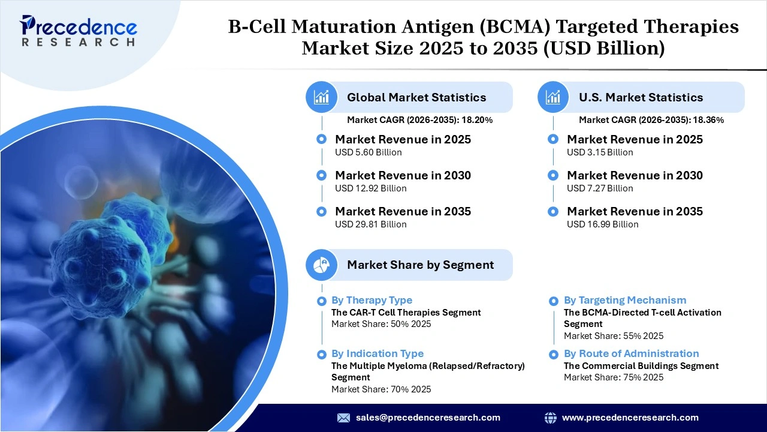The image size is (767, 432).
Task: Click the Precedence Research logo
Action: click(78, 31)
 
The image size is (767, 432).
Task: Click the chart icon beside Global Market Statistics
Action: click(322, 97)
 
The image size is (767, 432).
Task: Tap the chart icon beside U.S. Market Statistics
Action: click(554, 97)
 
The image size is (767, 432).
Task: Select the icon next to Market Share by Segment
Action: click(322, 265)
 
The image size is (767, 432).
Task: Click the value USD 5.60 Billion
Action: click(368, 152)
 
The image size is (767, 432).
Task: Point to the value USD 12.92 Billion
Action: click(370, 188)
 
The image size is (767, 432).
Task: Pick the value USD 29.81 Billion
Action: click(370, 224)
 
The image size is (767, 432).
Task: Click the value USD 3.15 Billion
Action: click(600, 152)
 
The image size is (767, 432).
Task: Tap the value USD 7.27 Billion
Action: click(600, 188)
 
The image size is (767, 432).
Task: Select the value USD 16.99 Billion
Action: click(602, 224)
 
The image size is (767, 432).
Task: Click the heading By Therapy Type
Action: click(372, 300)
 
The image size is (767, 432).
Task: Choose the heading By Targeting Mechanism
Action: click(625, 300)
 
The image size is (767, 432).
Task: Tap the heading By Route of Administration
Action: click(631, 353)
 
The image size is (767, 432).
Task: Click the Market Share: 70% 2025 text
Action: click(381, 389)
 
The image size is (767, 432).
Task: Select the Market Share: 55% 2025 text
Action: click(614, 336)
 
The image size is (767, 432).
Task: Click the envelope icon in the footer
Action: click(343, 418)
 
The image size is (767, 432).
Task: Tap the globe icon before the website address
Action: click(550, 418)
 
